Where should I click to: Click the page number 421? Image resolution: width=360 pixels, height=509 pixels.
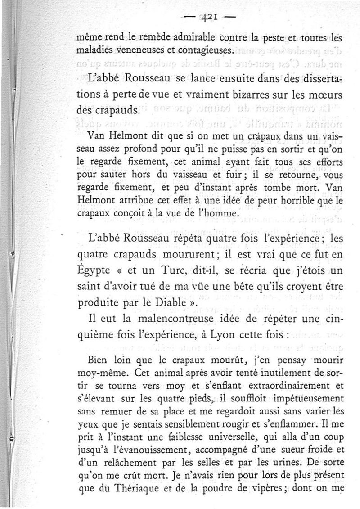coord(209,18)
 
